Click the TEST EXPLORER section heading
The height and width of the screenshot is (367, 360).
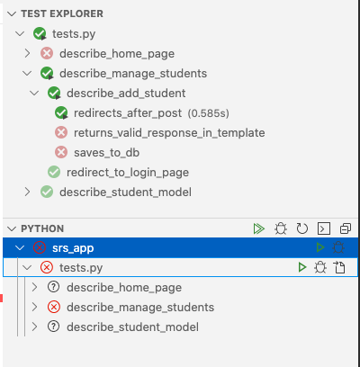(62, 13)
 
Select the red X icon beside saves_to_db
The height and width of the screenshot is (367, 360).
(61, 152)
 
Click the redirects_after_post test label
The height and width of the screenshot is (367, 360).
(128, 113)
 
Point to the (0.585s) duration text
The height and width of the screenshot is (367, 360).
(208, 113)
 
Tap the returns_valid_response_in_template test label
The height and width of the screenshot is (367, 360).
(169, 133)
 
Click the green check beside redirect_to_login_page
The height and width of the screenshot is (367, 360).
(54, 172)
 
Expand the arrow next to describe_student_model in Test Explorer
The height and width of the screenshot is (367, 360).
(27, 192)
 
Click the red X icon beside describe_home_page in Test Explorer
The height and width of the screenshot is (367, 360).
(47, 53)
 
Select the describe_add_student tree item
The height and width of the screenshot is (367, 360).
(126, 94)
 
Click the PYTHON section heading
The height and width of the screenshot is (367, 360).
(42, 228)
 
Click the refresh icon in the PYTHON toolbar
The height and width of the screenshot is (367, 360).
(302, 228)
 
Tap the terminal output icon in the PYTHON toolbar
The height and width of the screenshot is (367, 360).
(324, 228)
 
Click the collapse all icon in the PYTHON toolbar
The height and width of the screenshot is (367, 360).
(346, 228)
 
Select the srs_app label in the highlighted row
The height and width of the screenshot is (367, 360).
(73, 248)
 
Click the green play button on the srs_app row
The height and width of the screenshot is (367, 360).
(320, 247)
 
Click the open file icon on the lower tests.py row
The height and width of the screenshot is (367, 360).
(339, 267)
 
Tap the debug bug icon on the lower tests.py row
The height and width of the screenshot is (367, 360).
(320, 267)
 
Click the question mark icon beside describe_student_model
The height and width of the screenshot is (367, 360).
(54, 327)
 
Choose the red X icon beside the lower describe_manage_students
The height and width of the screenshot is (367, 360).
(54, 307)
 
